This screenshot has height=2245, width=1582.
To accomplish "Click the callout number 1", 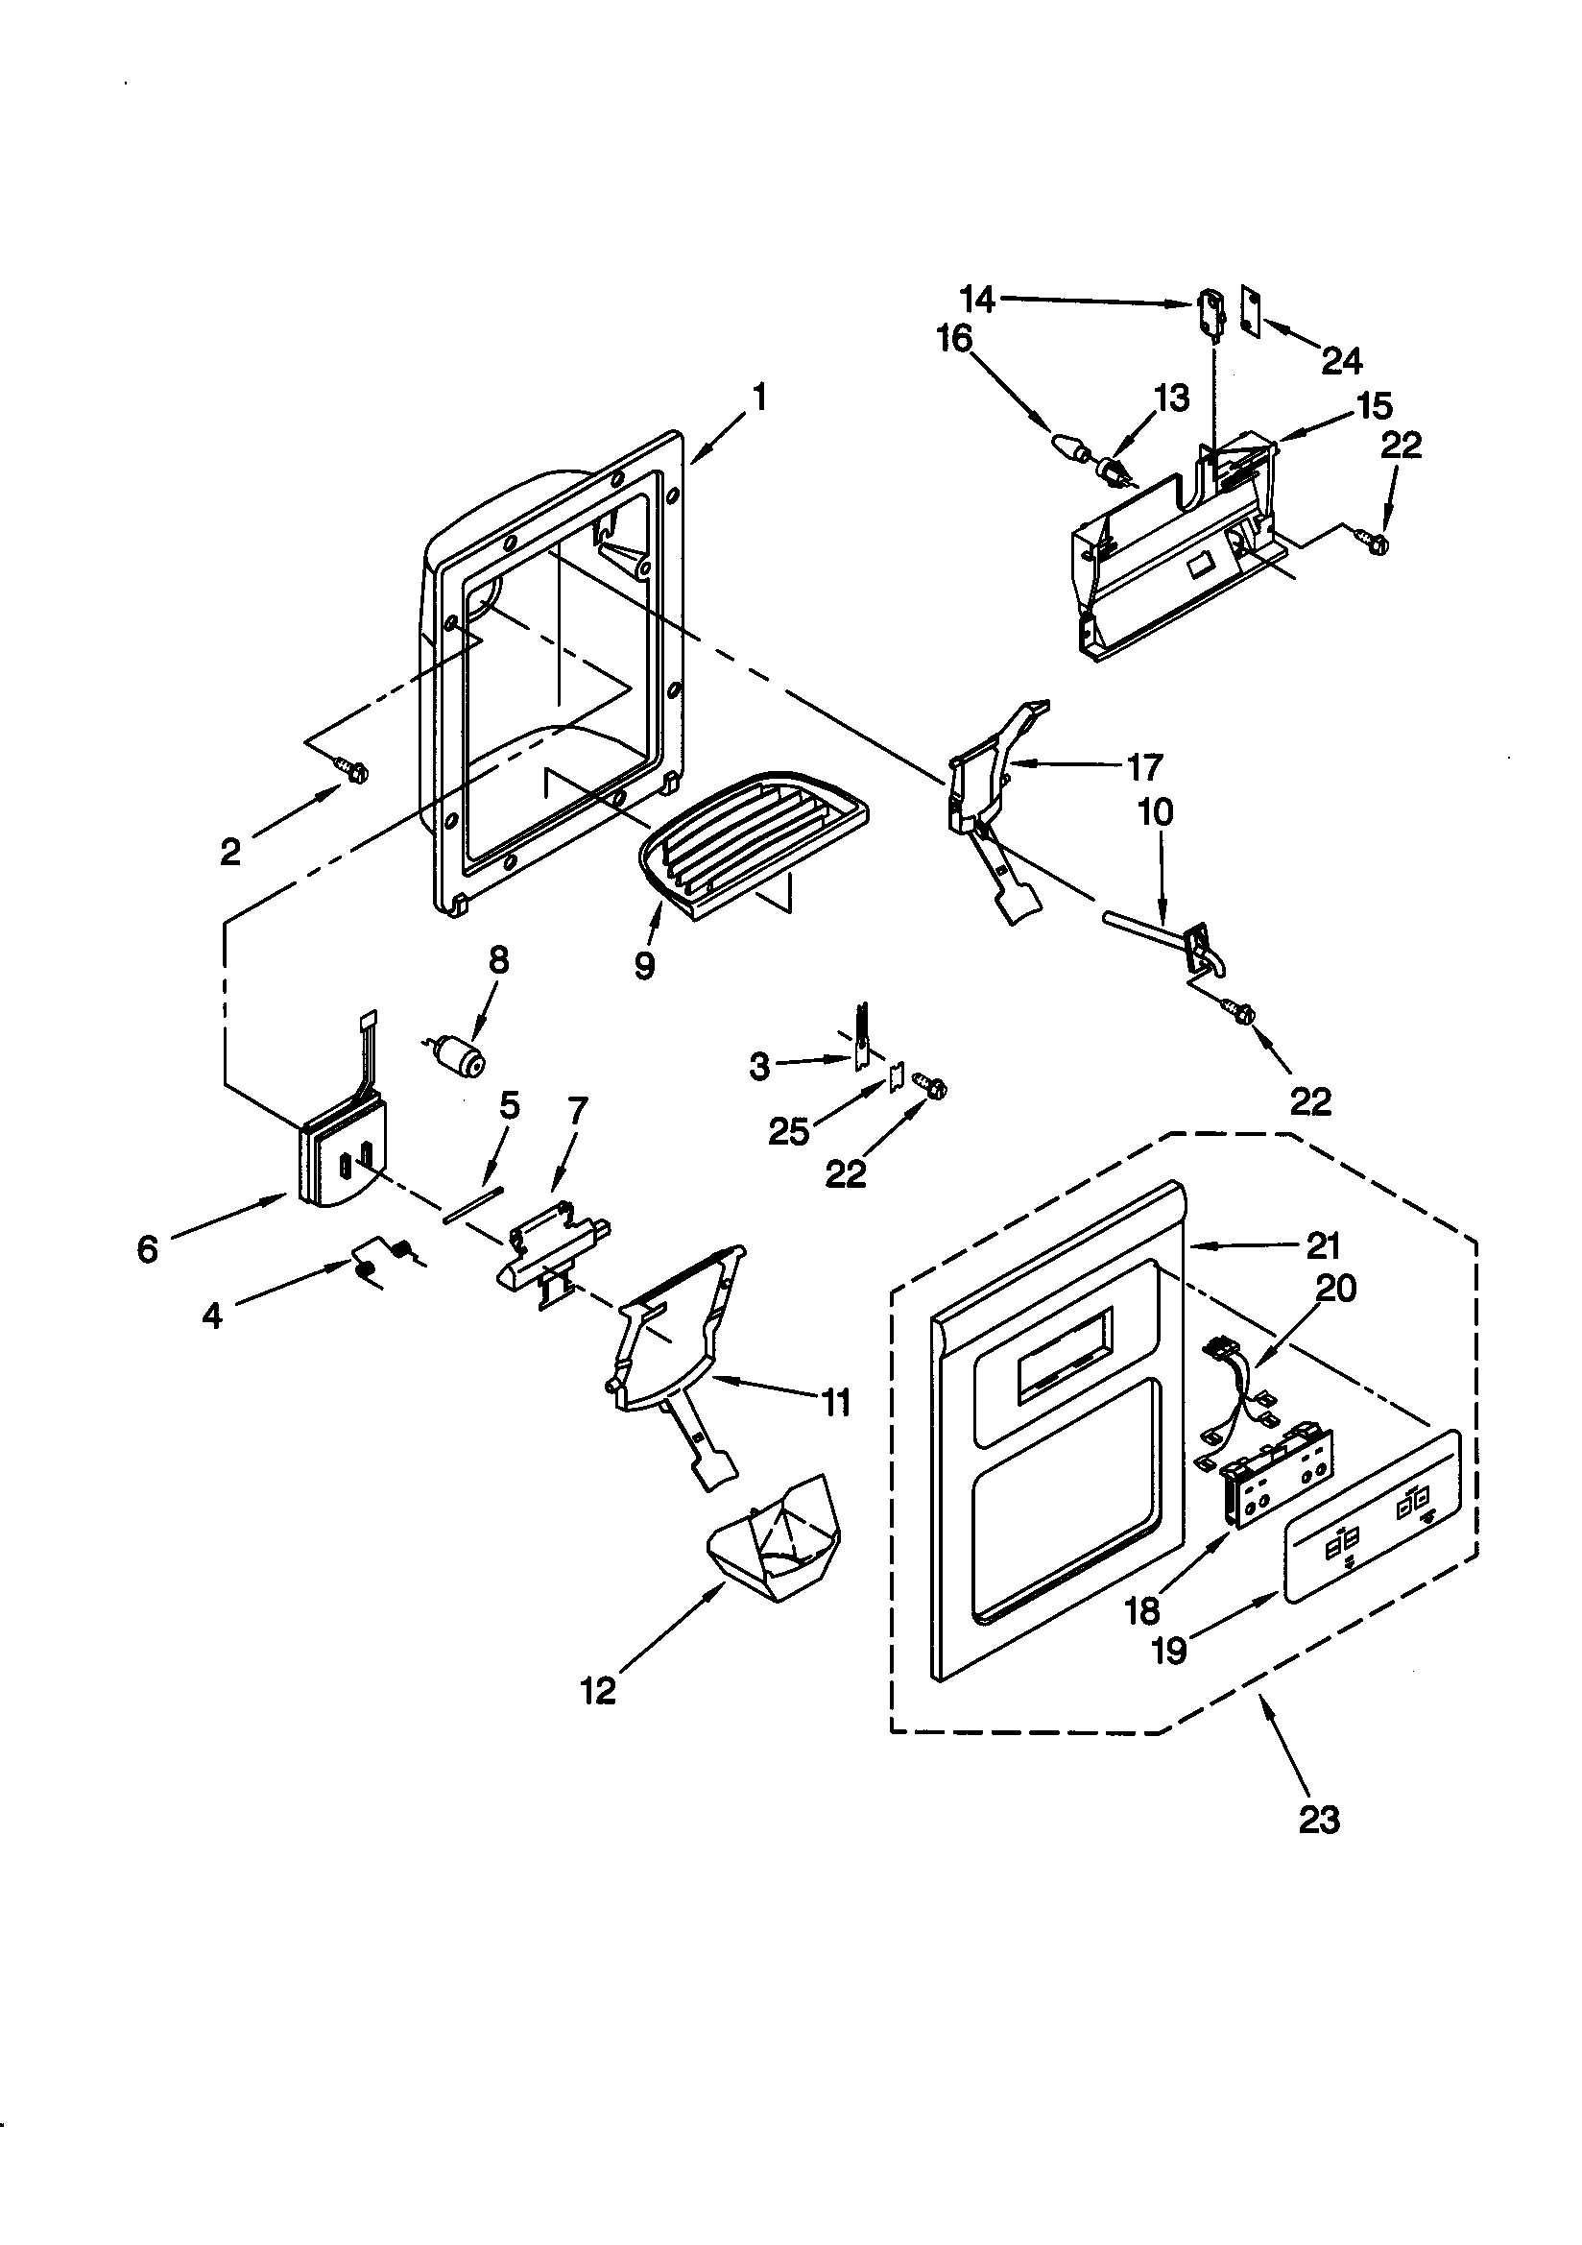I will point(758,398).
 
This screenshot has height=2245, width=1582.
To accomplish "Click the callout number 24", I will point(1341,362).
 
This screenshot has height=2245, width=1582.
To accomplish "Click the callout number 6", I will point(147,1248).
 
